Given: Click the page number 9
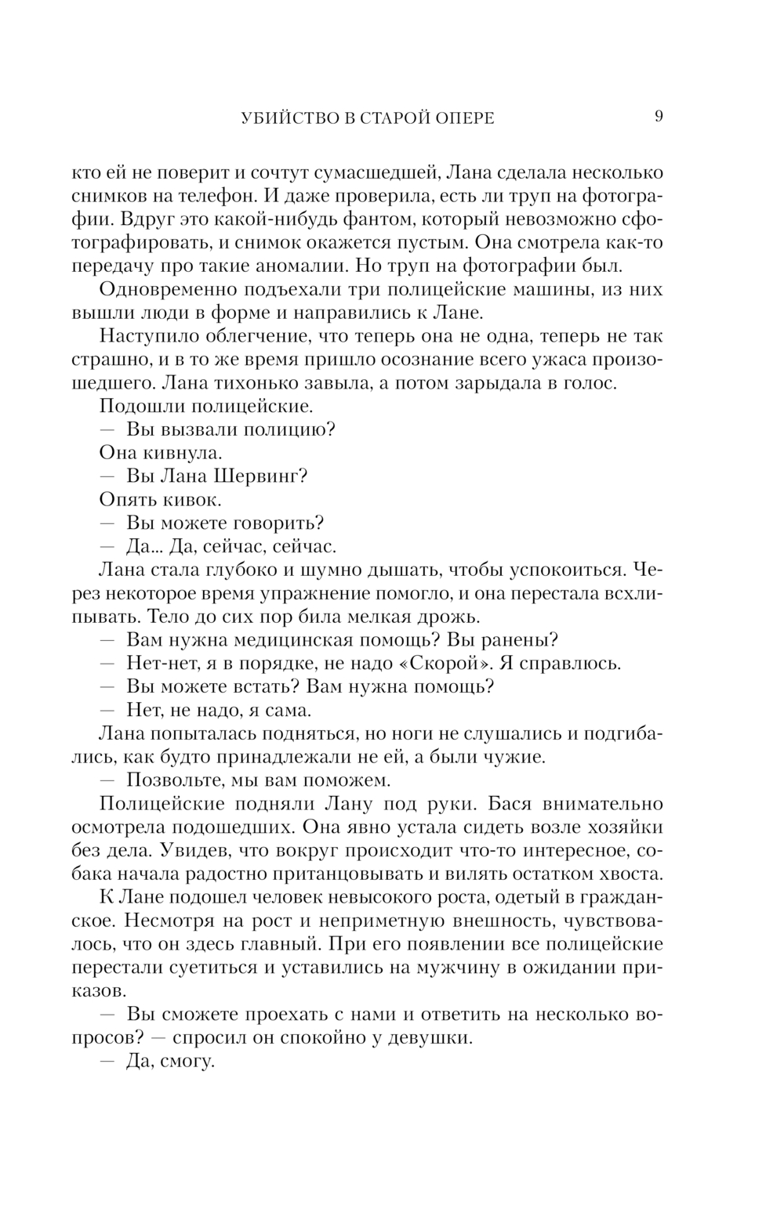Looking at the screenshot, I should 659,117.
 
